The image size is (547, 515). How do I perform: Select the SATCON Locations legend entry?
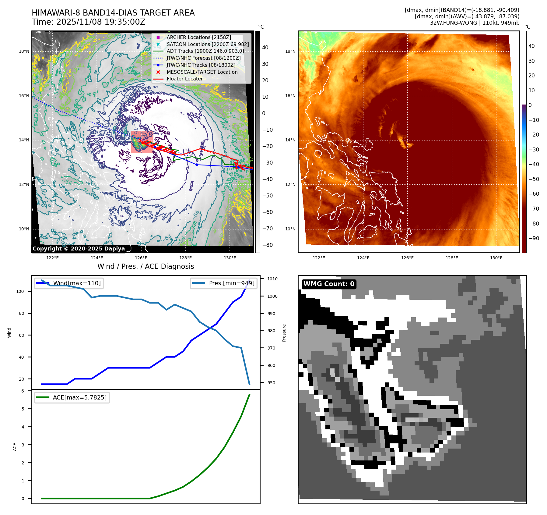(x=207, y=44)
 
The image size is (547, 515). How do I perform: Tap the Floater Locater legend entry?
(x=184, y=79)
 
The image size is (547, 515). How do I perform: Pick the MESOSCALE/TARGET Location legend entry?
(x=202, y=72)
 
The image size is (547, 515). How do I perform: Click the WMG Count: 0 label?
(x=329, y=284)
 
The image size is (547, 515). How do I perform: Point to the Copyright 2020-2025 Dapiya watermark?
(x=79, y=249)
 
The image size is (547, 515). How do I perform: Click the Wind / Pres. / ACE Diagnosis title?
(x=146, y=266)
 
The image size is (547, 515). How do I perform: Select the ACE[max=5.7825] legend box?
(x=72, y=397)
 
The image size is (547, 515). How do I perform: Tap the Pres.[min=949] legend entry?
(x=224, y=283)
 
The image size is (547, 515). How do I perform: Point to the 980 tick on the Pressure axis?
(x=271, y=331)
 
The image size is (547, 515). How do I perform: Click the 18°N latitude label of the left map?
(x=24, y=51)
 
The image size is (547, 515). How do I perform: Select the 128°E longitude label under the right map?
(x=452, y=258)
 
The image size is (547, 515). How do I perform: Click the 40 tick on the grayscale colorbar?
(x=265, y=48)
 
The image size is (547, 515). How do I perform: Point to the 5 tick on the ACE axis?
(x=23, y=409)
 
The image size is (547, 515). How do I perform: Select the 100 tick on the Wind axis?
(x=20, y=291)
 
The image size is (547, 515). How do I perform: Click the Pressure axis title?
(x=284, y=333)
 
